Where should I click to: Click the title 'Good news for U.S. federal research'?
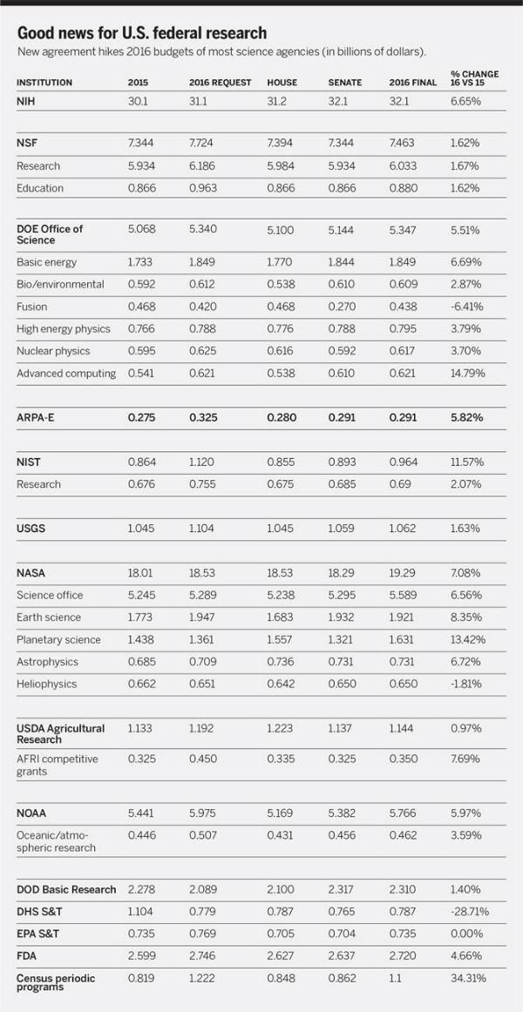pos(141,33)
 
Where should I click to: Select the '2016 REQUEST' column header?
pos(221,83)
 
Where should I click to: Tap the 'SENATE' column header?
pos(345,83)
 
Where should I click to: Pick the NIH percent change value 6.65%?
pos(465,101)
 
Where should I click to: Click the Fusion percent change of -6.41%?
pos(465,307)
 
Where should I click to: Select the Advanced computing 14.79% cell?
pos(467,373)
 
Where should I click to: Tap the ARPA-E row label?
pos(34,417)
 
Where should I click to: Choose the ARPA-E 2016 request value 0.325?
pos(203,417)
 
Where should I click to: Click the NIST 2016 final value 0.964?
pos(403,462)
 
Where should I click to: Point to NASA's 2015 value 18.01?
pos(140,573)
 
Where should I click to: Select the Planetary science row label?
pos(58,639)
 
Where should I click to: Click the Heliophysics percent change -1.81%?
pos(465,685)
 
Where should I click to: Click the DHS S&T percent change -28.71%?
pos(470,911)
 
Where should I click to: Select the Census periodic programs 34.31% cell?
pos(467,978)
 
